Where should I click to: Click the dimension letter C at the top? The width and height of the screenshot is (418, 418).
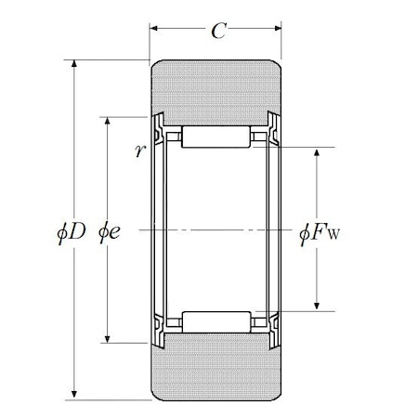coord(219,31)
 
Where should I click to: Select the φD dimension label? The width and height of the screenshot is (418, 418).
coord(72,231)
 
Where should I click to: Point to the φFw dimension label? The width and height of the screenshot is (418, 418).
coord(320,233)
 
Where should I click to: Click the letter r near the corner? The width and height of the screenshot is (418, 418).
coord(140,150)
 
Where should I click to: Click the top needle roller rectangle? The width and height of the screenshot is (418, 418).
coord(216,137)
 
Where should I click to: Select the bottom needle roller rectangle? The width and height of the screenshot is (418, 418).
coord(216,322)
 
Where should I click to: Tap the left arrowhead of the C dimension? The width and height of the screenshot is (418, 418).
coord(154,29)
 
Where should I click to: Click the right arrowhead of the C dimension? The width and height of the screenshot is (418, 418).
coord(278,29)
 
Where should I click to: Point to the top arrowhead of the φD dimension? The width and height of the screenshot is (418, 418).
coord(73,63)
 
